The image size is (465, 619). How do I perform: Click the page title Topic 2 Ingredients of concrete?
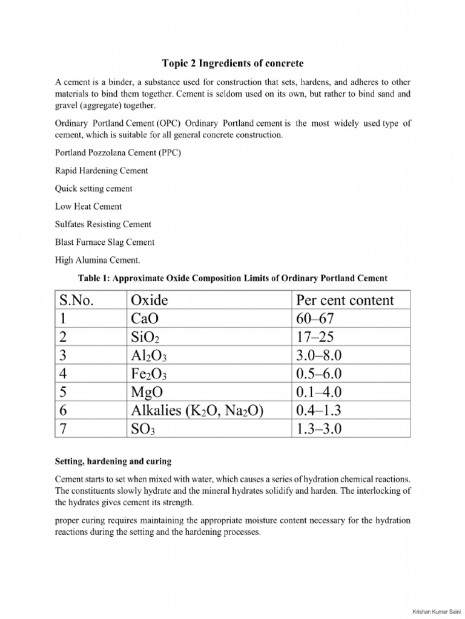pos(232,63)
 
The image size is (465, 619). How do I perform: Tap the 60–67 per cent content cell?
pos(315,319)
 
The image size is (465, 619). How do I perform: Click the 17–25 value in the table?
pos(315,337)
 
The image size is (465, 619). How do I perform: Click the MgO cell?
pos(147,392)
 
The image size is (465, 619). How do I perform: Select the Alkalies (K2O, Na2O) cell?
pos(197,410)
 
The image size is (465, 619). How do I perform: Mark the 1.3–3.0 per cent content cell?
pos(319,429)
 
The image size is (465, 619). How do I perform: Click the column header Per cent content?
pos(345,300)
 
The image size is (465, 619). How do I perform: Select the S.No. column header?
pos(77,300)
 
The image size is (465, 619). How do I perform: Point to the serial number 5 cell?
pos(63,392)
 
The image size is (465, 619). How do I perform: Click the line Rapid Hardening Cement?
pos(102,170)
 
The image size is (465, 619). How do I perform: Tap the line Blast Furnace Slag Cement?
pos(105,242)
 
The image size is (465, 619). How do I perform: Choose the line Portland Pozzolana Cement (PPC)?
pos(117,152)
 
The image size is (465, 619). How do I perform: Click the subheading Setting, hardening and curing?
pos(113,461)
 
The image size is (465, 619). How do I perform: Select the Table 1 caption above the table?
pos(232,278)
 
